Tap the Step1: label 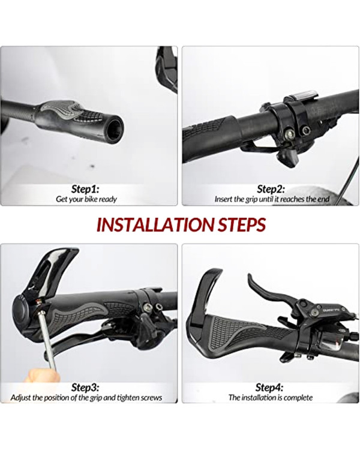coord(85,189)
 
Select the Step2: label coord(271,189)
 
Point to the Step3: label coord(85,388)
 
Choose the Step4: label coord(269,388)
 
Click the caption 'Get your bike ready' coord(86,199)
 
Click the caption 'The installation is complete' coord(271,397)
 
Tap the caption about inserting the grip coord(272,199)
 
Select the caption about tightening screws coord(86,398)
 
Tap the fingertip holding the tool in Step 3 coord(40,376)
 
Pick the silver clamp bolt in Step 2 coord(289,133)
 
